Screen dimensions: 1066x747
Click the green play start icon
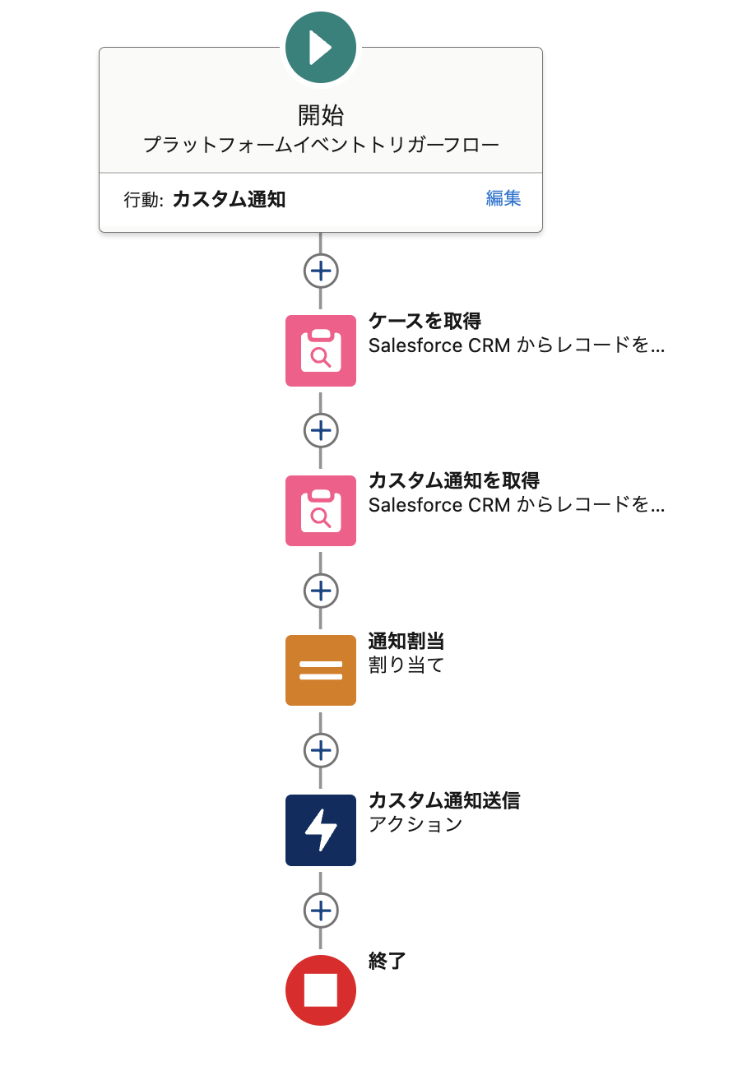pyautogui.click(x=321, y=48)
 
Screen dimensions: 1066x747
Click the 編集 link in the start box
pyautogui.click(x=503, y=198)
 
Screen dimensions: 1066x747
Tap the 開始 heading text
pyautogui.click(x=321, y=114)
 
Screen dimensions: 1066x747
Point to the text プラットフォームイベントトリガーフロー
pyautogui.click(x=321, y=146)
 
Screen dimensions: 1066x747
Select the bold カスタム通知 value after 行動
pyautogui.click(x=229, y=199)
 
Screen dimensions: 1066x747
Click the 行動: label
pyautogui.click(x=144, y=200)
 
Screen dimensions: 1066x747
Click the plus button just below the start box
pyautogui.click(x=321, y=271)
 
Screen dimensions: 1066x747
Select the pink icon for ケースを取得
pyautogui.click(x=321, y=351)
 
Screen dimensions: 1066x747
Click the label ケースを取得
pyautogui.click(x=425, y=321)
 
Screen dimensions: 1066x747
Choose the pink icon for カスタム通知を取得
pyautogui.click(x=321, y=511)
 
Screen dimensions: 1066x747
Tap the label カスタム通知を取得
pyautogui.click(x=453, y=480)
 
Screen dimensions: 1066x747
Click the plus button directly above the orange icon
pyautogui.click(x=321, y=591)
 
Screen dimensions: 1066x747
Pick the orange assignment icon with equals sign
pyautogui.click(x=321, y=670)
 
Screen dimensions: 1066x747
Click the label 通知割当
pyautogui.click(x=406, y=641)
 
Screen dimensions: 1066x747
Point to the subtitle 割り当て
pyautogui.click(x=406, y=665)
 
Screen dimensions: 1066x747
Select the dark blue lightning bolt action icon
pyautogui.click(x=321, y=830)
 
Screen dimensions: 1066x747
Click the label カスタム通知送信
pyautogui.click(x=444, y=800)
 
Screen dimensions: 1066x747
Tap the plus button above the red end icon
pyautogui.click(x=321, y=911)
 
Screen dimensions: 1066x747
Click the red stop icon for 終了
pyautogui.click(x=321, y=990)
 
